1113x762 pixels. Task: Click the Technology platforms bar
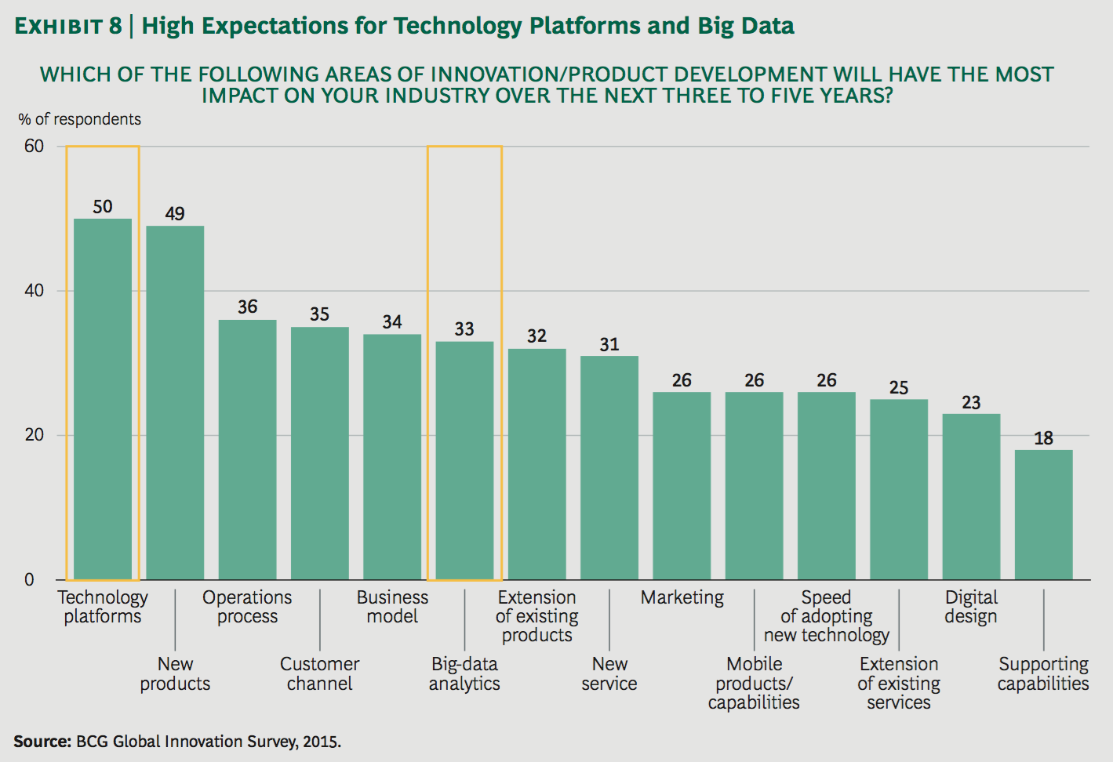coord(103,399)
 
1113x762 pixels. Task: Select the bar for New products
coord(175,403)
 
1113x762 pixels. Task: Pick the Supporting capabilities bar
coord(1043,514)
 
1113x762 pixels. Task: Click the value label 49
coord(175,214)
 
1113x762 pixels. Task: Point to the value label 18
coord(1043,438)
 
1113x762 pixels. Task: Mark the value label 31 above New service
coord(609,344)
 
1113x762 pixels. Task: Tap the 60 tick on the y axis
coord(34,147)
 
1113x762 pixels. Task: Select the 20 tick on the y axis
coord(34,435)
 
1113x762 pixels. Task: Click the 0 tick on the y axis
coord(30,580)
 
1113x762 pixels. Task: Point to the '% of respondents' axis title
coord(80,119)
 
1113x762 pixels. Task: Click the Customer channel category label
coord(320,673)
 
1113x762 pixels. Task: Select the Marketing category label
coord(682,597)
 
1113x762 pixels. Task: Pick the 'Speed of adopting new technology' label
coord(827,616)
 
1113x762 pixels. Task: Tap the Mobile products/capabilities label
coord(754,683)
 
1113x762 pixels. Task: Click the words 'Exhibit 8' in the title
coord(68,27)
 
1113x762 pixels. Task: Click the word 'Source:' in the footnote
coord(42,742)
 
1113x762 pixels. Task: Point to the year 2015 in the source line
coord(321,742)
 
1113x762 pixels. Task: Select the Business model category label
coord(392,607)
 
